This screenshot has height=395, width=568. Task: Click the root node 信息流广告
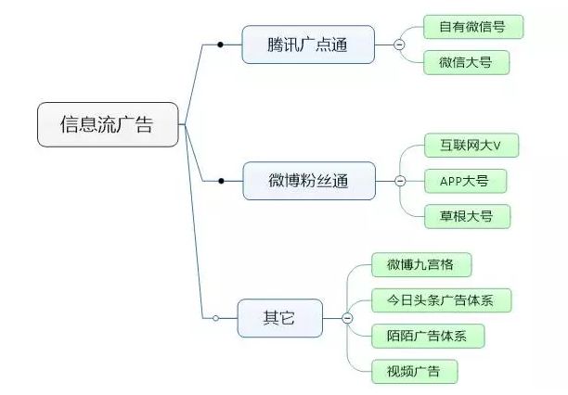tap(107, 124)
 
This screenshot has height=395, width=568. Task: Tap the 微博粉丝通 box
tap(309, 180)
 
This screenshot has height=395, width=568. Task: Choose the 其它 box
tap(278, 317)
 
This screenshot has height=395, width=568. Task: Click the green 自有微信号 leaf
tap(472, 26)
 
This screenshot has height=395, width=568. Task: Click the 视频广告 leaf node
tap(415, 371)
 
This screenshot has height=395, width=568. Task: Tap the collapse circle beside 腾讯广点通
tap(399, 44)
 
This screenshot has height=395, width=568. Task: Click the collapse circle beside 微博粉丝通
tap(400, 180)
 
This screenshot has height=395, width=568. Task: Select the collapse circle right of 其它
tap(347, 317)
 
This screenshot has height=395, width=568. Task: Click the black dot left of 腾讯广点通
tap(220, 44)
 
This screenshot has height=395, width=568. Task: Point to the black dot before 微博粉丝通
tap(221, 180)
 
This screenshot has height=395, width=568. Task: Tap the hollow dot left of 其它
tap(215, 317)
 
